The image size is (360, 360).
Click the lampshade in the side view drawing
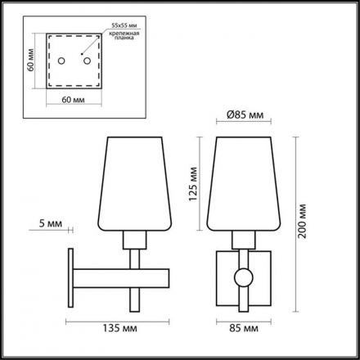pyautogui.click(x=137, y=185)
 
